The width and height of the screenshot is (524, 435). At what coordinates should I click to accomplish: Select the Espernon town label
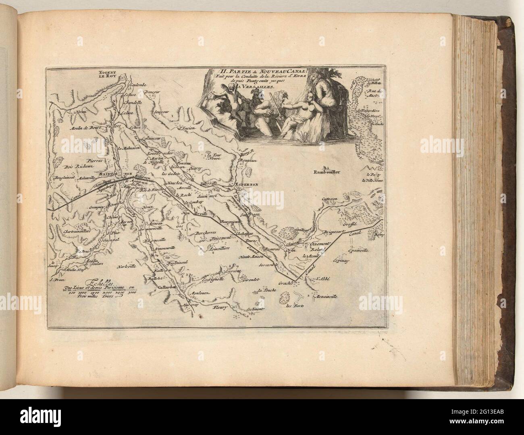coord(244,185)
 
